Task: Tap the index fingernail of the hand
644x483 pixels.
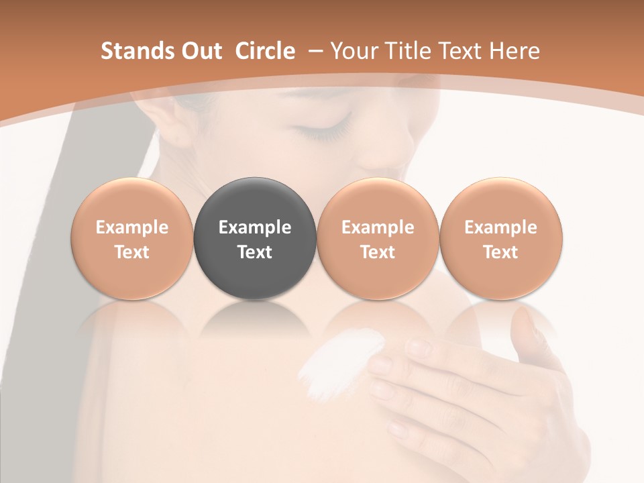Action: pyautogui.click(x=420, y=346)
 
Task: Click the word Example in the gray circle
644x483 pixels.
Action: pyautogui.click(x=255, y=227)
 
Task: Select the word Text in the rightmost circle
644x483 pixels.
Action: pyautogui.click(x=500, y=252)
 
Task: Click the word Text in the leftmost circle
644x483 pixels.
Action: pyautogui.click(x=132, y=252)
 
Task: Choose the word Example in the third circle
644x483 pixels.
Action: pyautogui.click(x=378, y=227)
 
